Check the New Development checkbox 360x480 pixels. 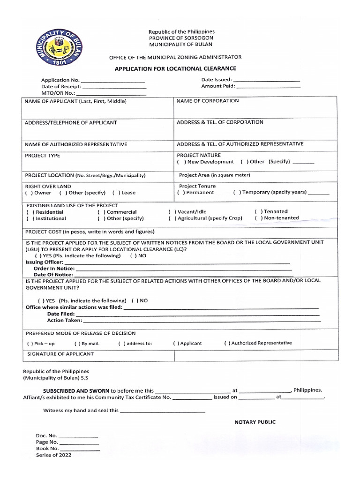180,162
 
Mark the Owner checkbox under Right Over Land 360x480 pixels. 28,193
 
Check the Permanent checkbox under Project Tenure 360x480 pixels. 180,192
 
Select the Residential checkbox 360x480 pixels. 30,212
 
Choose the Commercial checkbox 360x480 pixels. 101,212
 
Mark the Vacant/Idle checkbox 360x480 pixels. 171,212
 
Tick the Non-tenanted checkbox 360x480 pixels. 258,218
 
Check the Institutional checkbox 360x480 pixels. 30,218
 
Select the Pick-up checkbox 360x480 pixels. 30,344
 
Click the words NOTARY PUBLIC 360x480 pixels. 255,422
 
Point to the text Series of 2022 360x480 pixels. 54,455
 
